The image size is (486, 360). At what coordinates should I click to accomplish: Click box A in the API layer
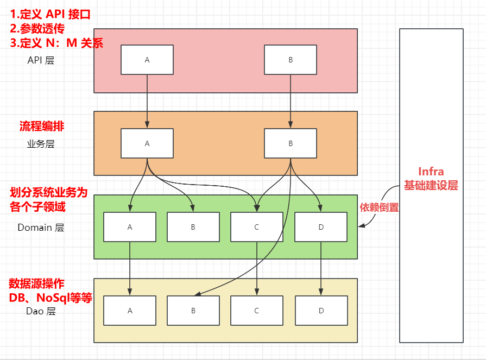tap(147, 60)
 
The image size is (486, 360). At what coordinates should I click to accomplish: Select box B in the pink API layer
tap(291, 60)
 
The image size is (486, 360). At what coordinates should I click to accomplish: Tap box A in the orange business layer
tap(147, 143)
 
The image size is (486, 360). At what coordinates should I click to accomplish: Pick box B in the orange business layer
tap(291, 143)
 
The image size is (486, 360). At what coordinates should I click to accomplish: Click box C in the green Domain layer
tap(257, 227)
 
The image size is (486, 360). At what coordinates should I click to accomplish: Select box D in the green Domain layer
tap(321, 227)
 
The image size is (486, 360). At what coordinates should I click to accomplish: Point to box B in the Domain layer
tap(193, 227)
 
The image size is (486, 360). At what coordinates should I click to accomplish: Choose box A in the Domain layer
tap(130, 227)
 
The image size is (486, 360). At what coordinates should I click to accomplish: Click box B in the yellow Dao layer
tap(193, 311)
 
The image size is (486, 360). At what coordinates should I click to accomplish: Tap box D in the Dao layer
tap(321, 311)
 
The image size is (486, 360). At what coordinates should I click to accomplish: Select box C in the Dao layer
tap(257, 311)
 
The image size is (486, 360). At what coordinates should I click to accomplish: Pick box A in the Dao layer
tap(130, 311)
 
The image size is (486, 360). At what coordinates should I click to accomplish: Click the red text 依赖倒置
tap(379, 207)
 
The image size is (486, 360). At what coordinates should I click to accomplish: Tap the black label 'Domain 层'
tap(41, 228)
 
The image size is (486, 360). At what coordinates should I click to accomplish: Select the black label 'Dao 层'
tap(41, 311)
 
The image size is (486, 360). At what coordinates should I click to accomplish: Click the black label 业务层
tap(41, 144)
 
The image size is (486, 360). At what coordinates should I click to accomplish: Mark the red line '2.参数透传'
tap(37, 29)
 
